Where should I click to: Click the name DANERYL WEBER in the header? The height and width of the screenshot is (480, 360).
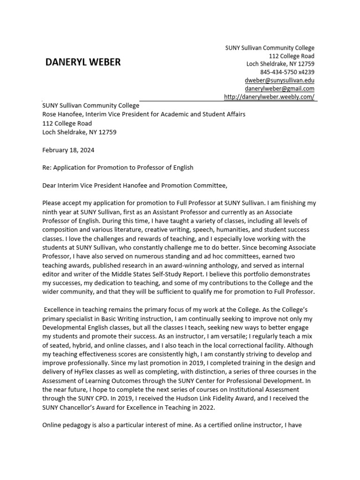coord(83,62)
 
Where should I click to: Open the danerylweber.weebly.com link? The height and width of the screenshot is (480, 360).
coord(269,97)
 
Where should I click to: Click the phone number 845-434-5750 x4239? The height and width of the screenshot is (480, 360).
coord(287,72)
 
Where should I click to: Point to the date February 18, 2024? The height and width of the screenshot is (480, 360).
coord(68,150)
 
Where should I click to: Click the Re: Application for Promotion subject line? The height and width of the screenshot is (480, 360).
coord(117,167)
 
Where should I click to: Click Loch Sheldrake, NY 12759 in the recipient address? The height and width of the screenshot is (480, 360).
coord(79,132)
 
